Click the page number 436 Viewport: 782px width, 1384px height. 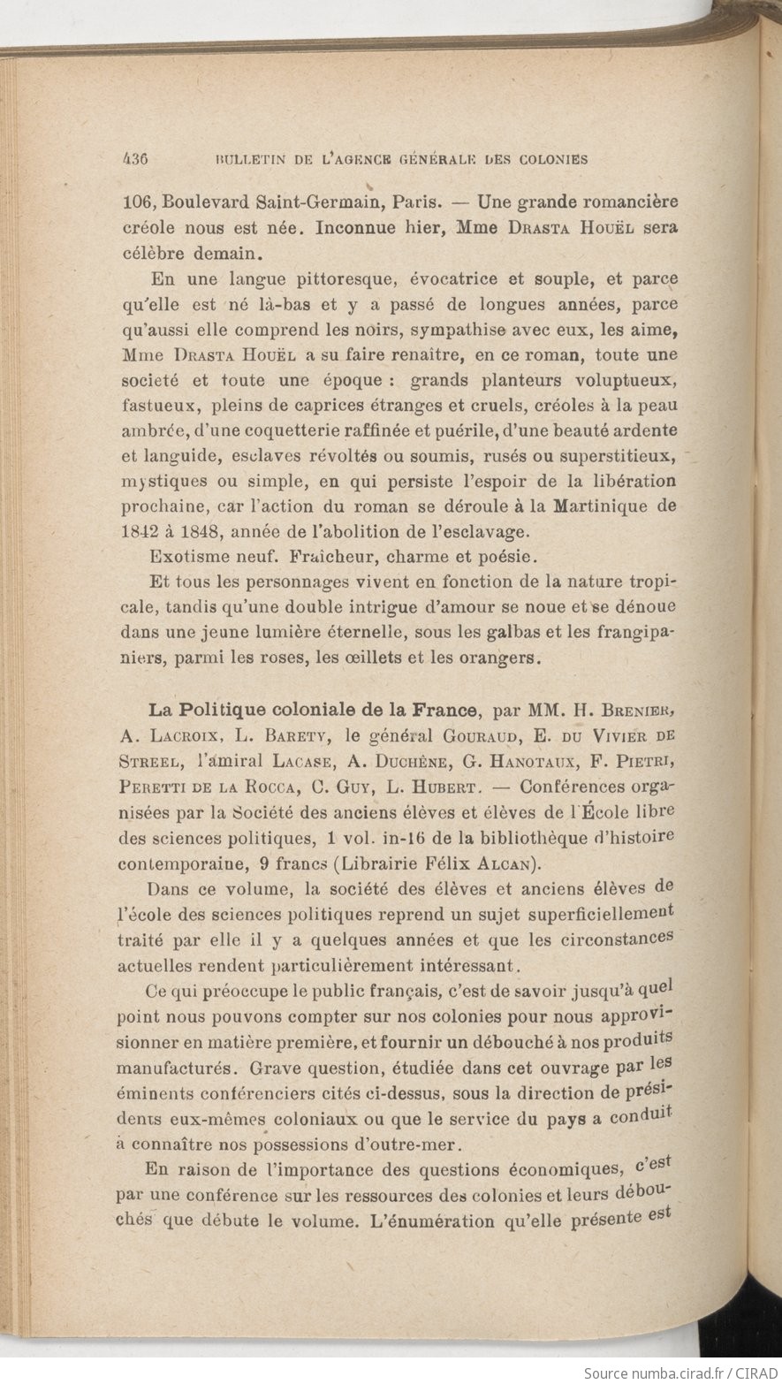(134, 159)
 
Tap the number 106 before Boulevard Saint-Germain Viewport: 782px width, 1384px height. (136, 201)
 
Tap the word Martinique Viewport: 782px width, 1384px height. (600, 507)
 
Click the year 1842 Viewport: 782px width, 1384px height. (139, 533)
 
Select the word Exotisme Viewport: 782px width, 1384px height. (184, 558)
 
